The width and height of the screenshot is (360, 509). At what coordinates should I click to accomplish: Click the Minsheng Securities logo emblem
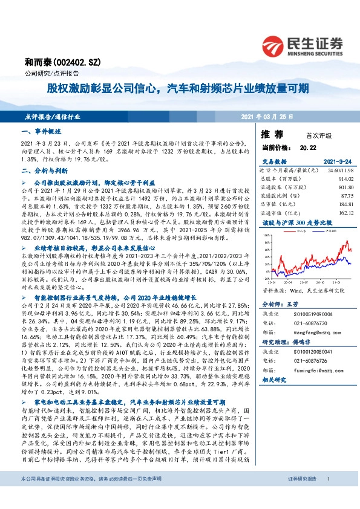tap(273, 45)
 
